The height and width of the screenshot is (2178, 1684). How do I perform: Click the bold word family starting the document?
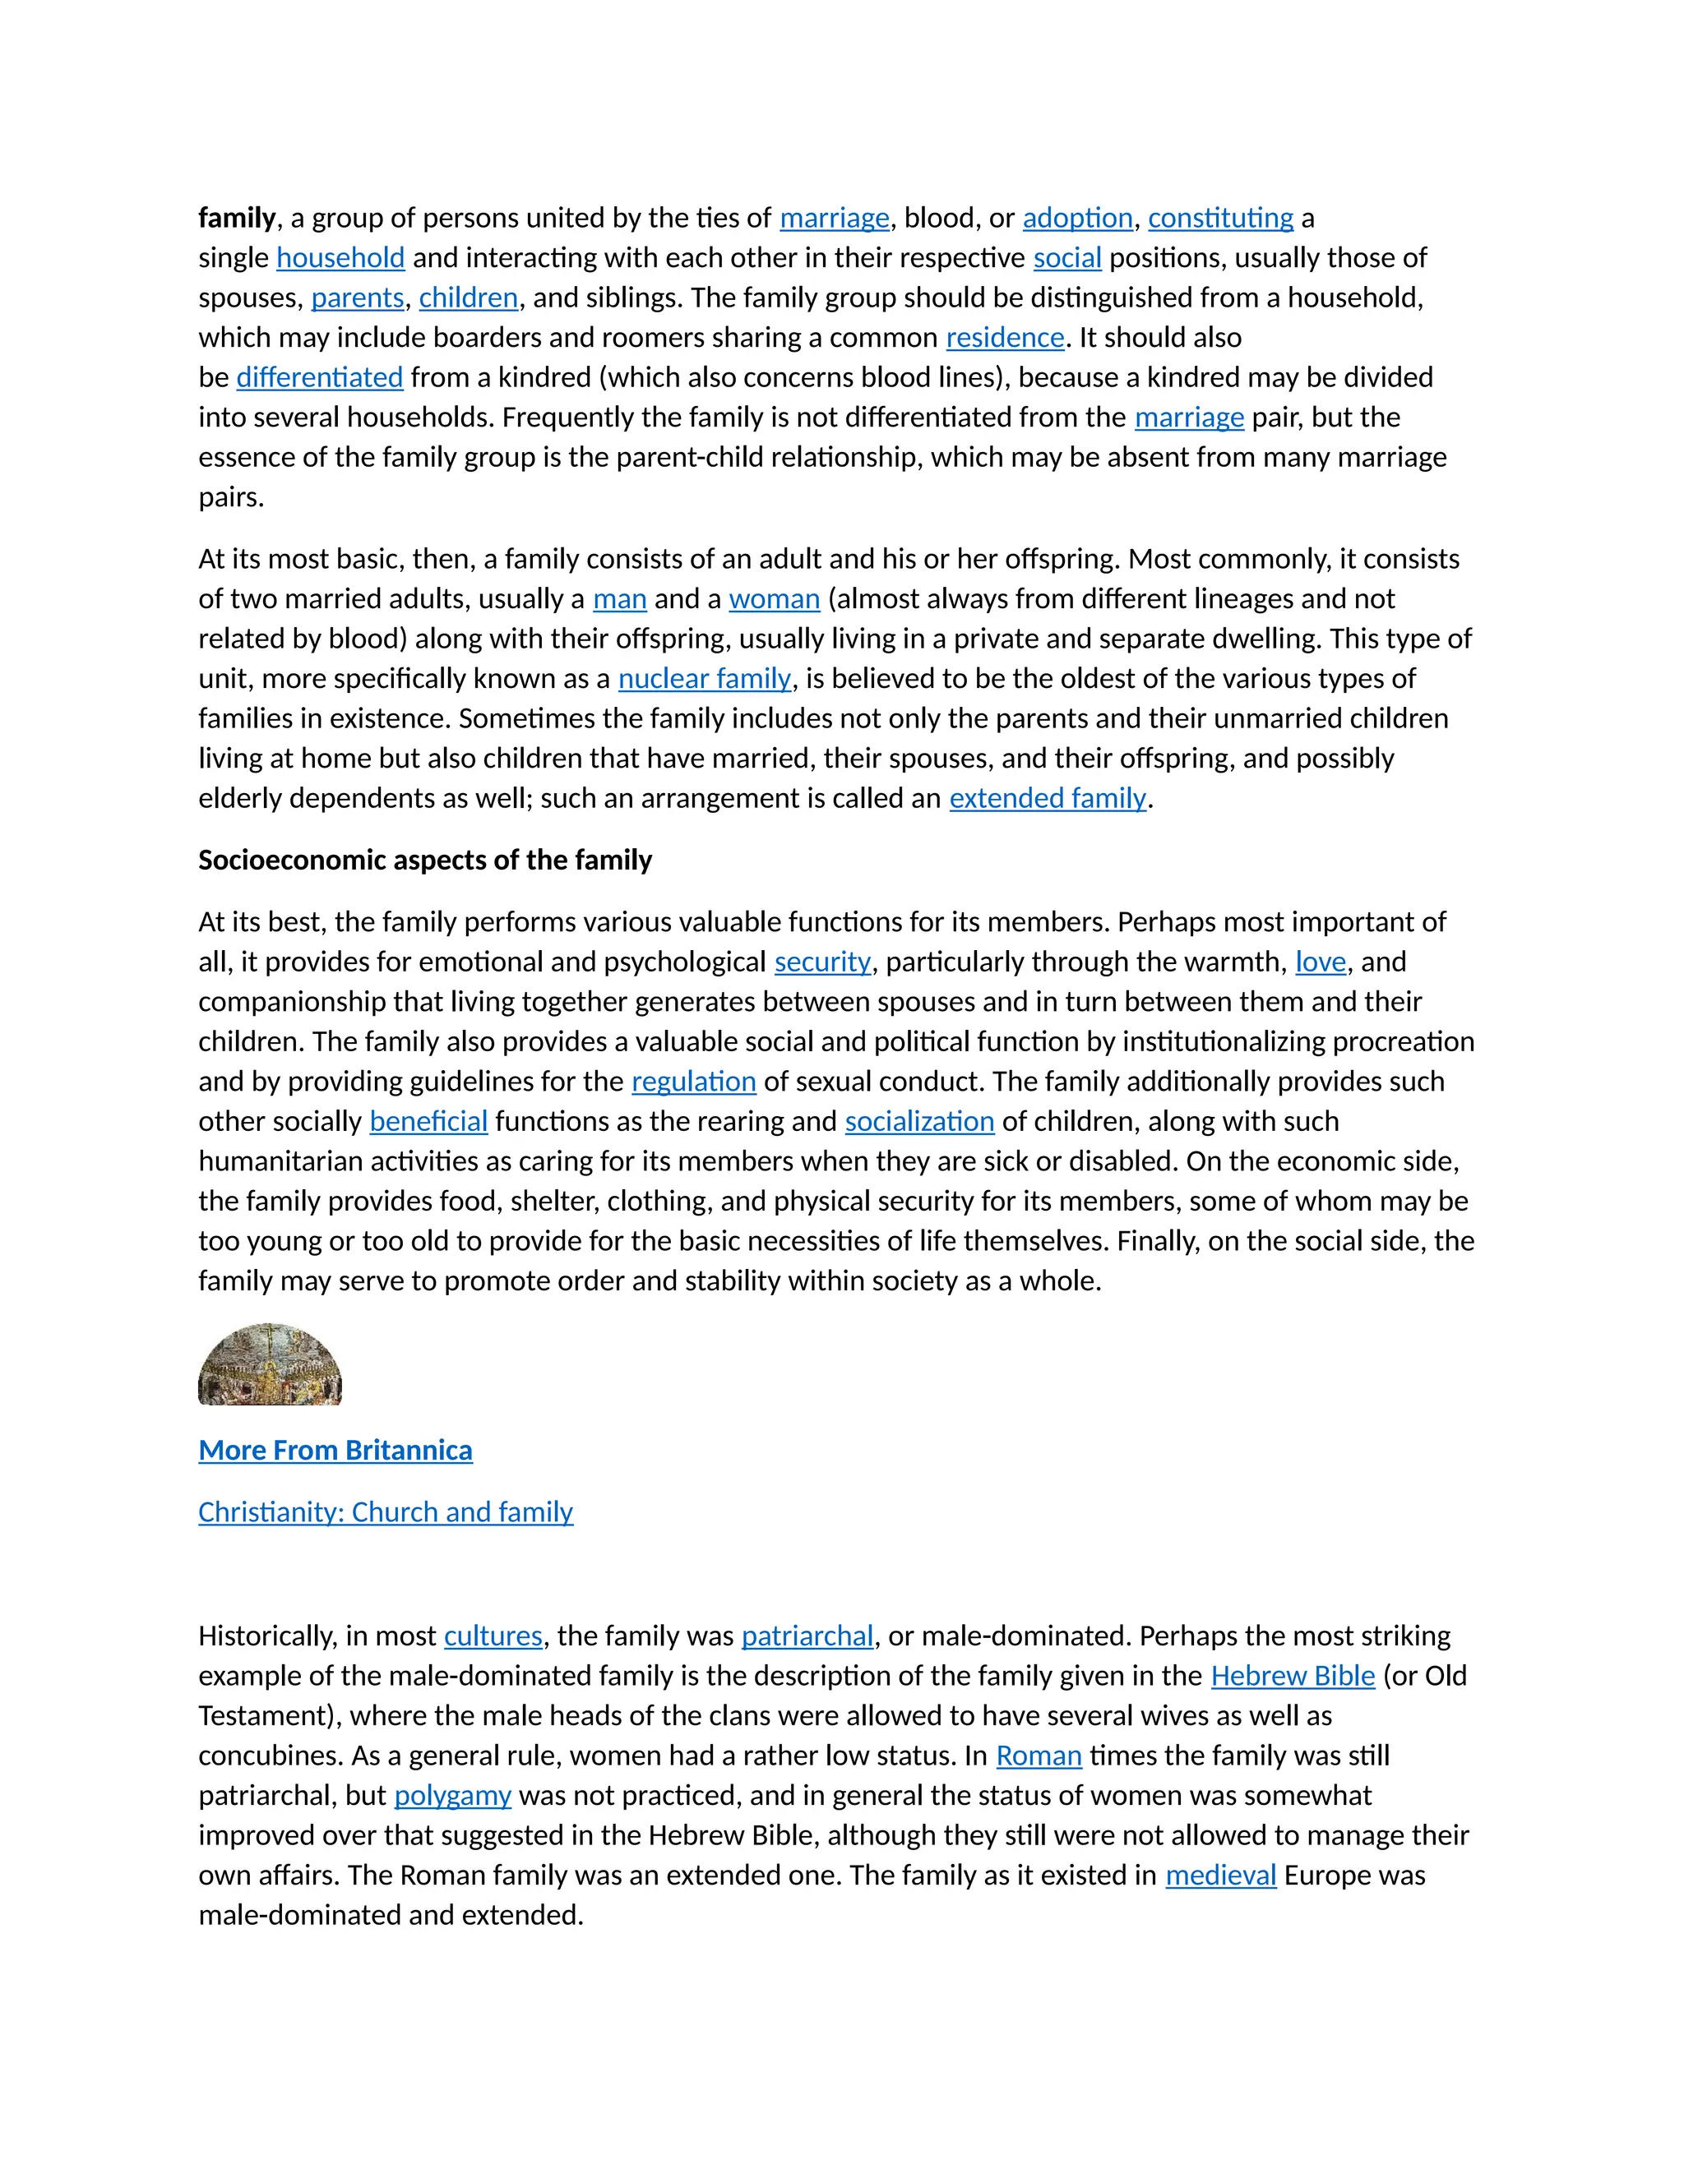[x=237, y=219]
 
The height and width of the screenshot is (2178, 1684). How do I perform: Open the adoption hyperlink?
[x=1077, y=219]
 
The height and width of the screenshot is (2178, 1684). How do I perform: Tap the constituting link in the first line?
[x=1220, y=219]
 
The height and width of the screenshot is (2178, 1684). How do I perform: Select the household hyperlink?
[x=340, y=258]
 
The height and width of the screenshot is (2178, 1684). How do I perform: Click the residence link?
[x=1005, y=338]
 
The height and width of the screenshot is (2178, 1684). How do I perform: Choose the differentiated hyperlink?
[x=319, y=378]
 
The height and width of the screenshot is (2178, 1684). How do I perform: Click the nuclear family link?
[x=705, y=679]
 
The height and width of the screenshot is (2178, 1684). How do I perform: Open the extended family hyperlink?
[x=1048, y=799]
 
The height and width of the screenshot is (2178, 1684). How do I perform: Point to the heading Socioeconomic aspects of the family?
[x=425, y=860]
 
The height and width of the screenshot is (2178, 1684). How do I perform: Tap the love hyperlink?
[x=1320, y=962]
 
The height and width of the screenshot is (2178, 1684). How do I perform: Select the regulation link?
[x=693, y=1082]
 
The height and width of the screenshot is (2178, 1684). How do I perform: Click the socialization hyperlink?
[x=918, y=1122]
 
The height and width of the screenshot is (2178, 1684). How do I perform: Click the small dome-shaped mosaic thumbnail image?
[x=270, y=1365]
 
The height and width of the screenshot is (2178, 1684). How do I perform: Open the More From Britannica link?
[x=335, y=1450]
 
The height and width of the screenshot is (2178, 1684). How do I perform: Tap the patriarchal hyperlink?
[x=807, y=1636]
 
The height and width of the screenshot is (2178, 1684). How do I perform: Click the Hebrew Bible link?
[x=1292, y=1677]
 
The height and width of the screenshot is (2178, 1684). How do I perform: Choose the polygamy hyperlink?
[x=452, y=1796]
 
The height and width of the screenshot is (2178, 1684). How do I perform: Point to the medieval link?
[x=1220, y=1876]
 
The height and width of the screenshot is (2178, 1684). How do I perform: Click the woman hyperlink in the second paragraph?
[x=774, y=599]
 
